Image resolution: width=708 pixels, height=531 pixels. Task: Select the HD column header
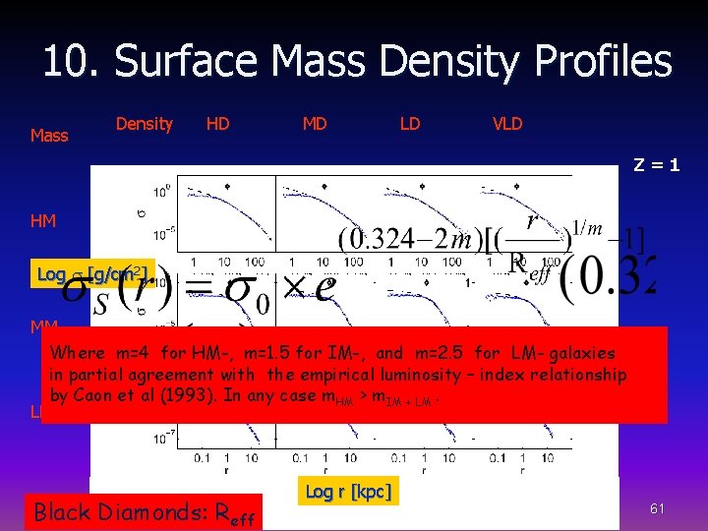(x=217, y=123)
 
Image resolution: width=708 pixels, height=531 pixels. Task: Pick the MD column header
(x=315, y=123)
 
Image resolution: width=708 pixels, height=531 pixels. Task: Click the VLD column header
(x=507, y=123)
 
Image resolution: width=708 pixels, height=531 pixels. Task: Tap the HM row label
(x=43, y=221)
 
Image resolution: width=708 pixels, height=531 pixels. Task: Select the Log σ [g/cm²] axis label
(x=93, y=273)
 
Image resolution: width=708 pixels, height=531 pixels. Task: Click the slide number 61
(x=658, y=507)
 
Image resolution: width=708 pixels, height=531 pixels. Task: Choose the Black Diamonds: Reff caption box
(x=144, y=511)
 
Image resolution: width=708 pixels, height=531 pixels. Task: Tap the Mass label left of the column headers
(x=49, y=136)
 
